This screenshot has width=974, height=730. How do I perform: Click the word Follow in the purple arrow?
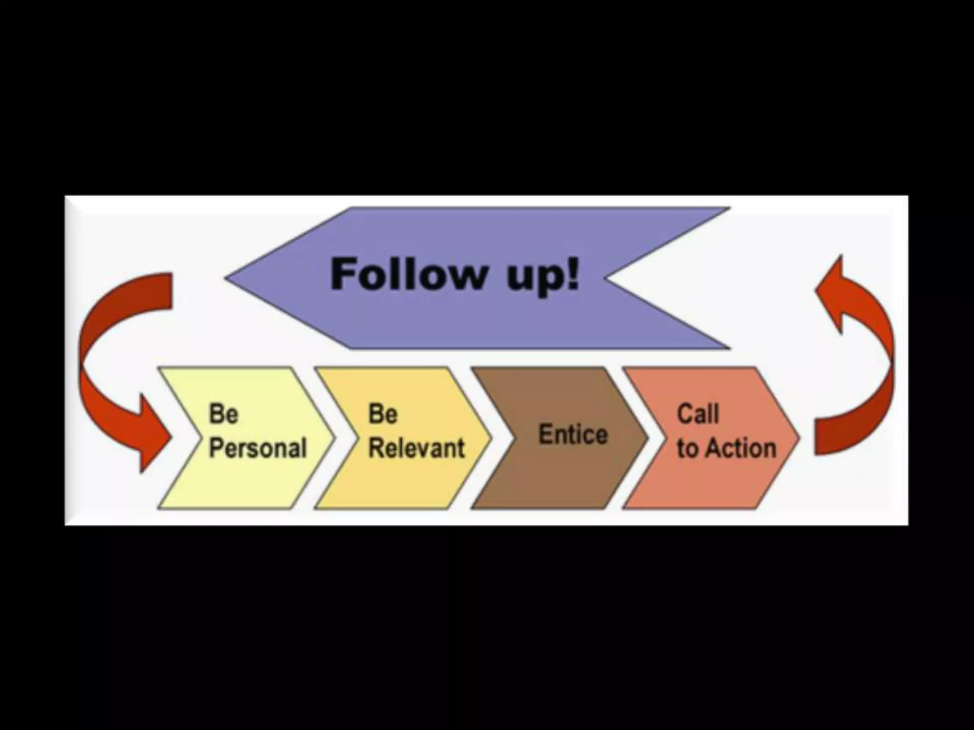point(408,275)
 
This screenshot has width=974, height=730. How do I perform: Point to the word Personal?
point(258,448)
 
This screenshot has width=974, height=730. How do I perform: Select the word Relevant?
point(417,448)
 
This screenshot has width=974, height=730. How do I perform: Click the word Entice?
point(573,434)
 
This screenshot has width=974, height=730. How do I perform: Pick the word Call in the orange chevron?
point(697,414)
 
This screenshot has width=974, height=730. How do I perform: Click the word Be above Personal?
point(223,414)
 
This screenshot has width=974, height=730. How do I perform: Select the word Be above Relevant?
point(382,414)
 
